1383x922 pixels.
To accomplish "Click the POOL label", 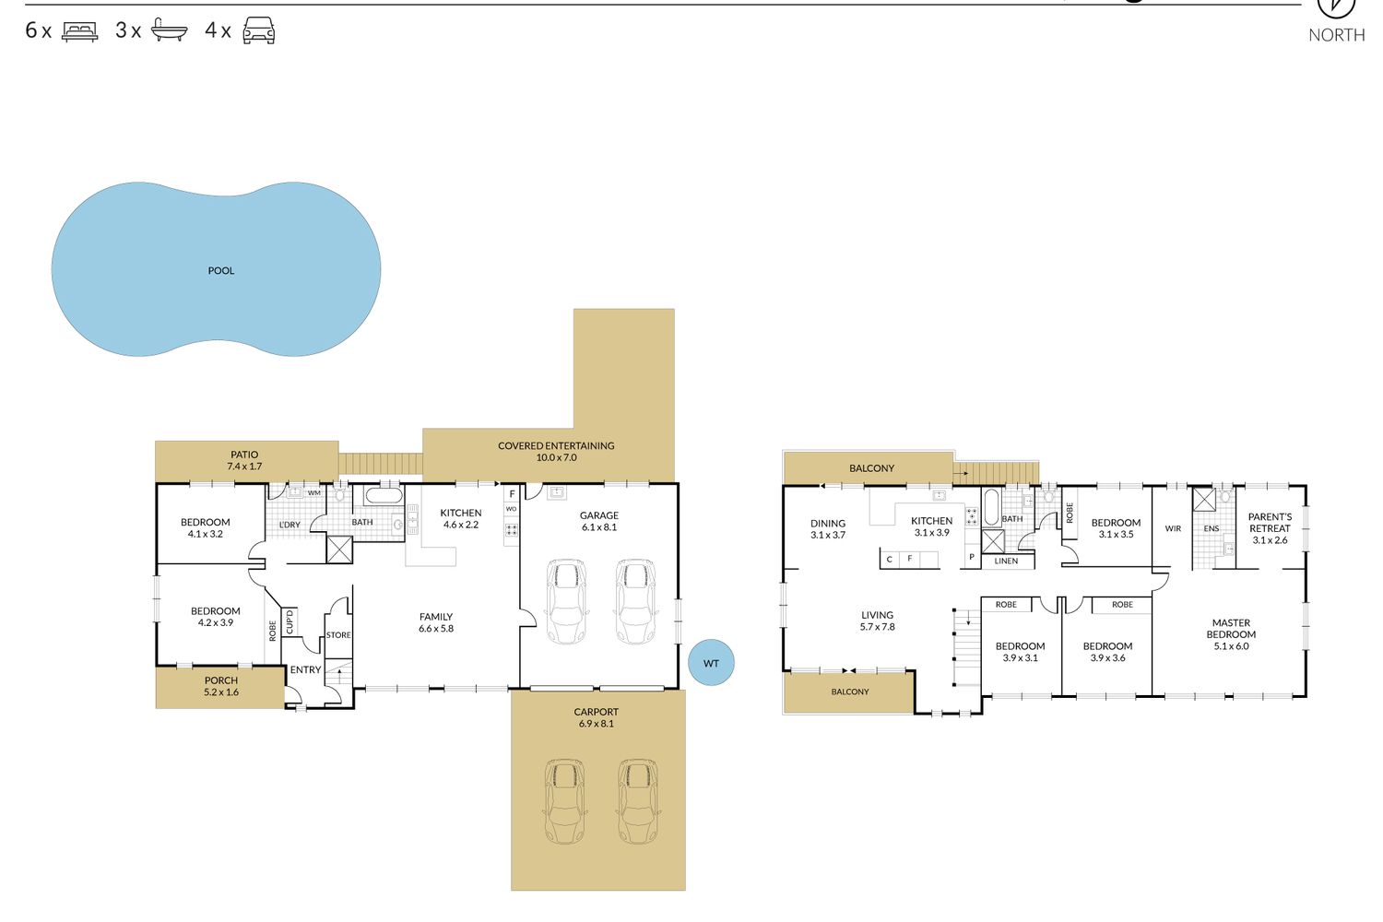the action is pos(221,270).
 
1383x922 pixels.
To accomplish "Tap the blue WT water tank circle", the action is pos(711,663).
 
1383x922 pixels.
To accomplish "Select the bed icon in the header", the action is pos(79,31).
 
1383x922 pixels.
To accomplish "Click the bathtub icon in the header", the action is pos(169,30).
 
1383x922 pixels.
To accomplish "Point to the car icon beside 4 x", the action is pos(259,30).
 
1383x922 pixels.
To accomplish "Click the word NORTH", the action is pos(1337,35).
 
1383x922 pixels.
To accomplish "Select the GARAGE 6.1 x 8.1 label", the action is pos(599,521).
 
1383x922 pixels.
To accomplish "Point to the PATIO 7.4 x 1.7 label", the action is pos(244,461).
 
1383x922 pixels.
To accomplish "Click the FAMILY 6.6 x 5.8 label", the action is pos(436,622).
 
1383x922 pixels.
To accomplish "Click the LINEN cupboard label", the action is pos(1007,561).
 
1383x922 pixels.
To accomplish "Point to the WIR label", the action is pos(1173,528).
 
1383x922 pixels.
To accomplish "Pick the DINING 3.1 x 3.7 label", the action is pos(828,529).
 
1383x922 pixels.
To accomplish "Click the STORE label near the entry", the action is pos(338,635).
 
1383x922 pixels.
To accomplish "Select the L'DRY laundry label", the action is pos(290,525).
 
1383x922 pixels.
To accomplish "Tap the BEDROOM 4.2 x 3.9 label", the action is pos(216,617).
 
